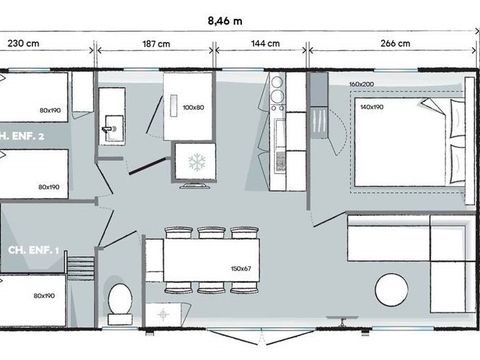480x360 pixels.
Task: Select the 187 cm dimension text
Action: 155,43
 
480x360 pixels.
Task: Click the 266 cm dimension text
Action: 395,43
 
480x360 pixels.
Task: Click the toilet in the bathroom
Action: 121,298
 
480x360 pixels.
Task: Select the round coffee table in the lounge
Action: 391,291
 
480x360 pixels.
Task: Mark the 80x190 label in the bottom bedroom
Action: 43,296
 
